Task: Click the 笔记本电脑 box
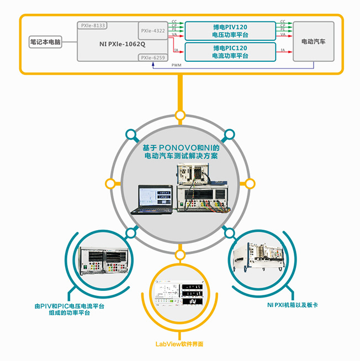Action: pos(46,41)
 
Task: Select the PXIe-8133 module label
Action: pos(93,25)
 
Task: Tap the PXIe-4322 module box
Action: pos(152,30)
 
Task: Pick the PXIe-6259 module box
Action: pos(152,57)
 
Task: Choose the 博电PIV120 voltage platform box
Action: pos(229,30)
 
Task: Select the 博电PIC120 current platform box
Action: pos(229,52)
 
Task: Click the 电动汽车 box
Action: pos(313,41)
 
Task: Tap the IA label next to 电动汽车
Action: pos(283,50)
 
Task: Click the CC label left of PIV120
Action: pos(174,22)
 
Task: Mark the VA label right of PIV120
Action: pos(283,35)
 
